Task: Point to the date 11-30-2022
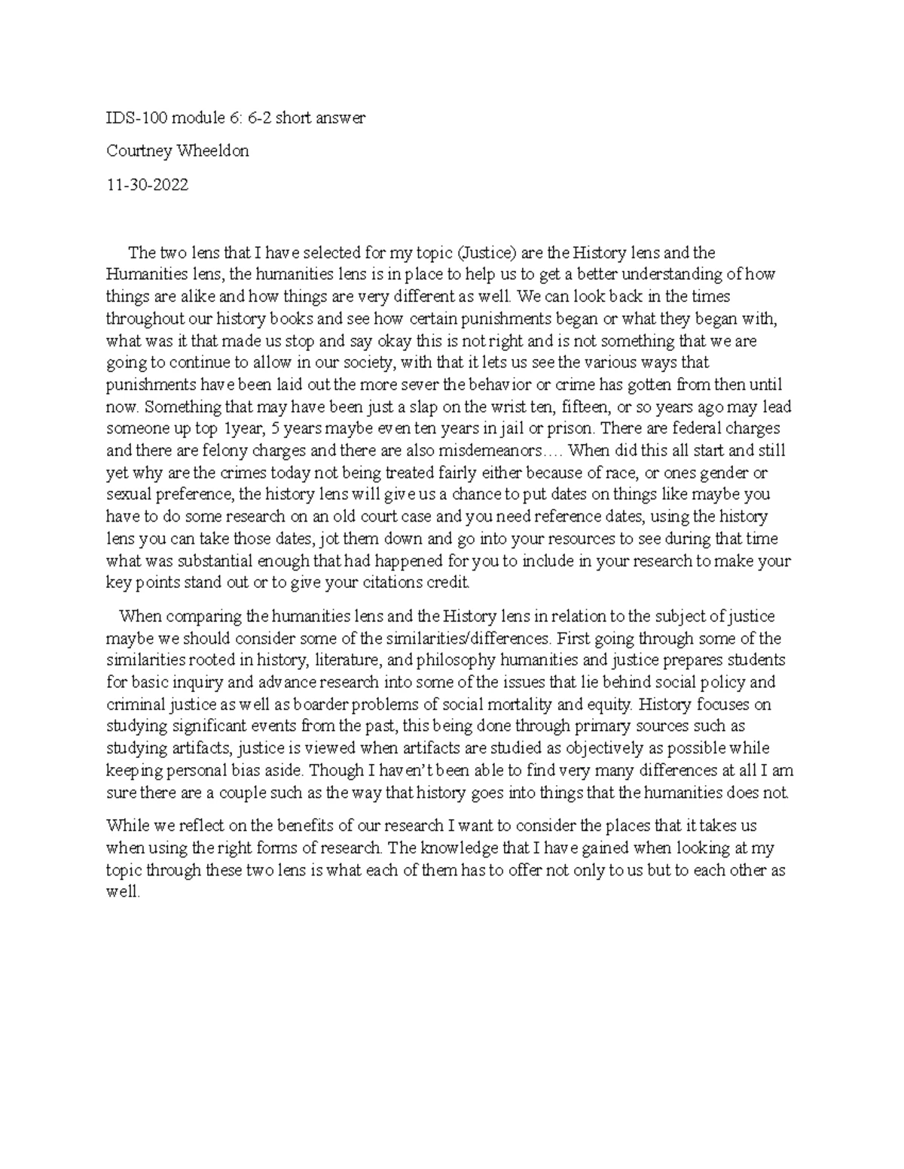[147, 184]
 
